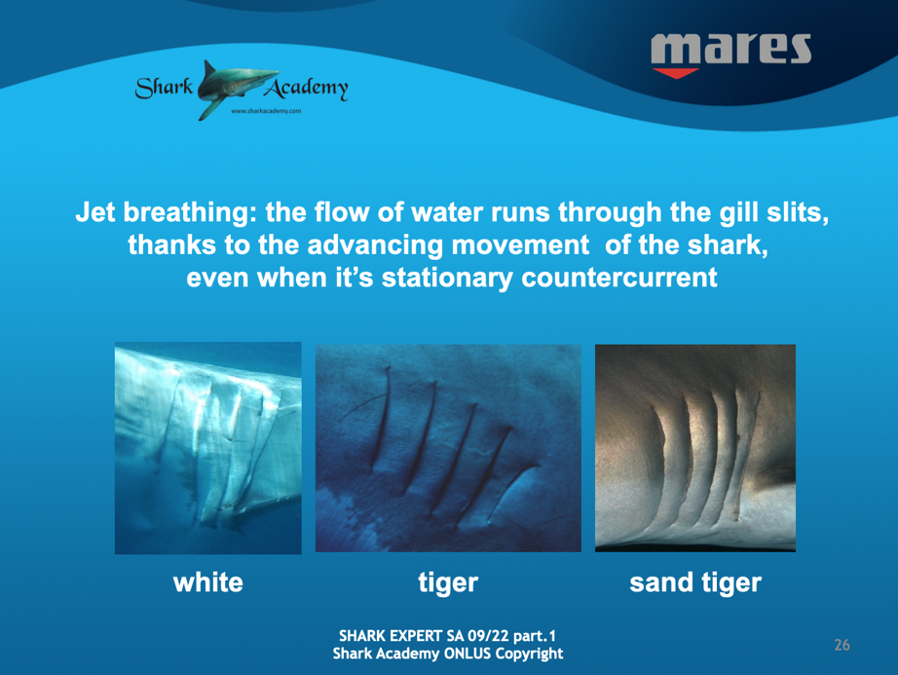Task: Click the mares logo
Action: [730, 55]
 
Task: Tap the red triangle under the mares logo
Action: [675, 73]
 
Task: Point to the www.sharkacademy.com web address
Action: [266, 111]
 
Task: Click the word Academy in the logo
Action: [306, 88]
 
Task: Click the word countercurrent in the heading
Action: [619, 279]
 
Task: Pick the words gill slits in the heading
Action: [770, 212]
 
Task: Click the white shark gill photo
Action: [207, 448]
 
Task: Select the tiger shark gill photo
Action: [448, 448]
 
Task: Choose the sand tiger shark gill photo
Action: [695, 448]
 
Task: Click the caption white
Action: [207, 582]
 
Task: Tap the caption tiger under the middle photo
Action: [448, 583]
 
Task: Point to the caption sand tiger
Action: [695, 583]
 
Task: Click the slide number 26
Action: [842, 645]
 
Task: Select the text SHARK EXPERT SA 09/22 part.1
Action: [447, 636]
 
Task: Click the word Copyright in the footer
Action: [529, 654]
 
